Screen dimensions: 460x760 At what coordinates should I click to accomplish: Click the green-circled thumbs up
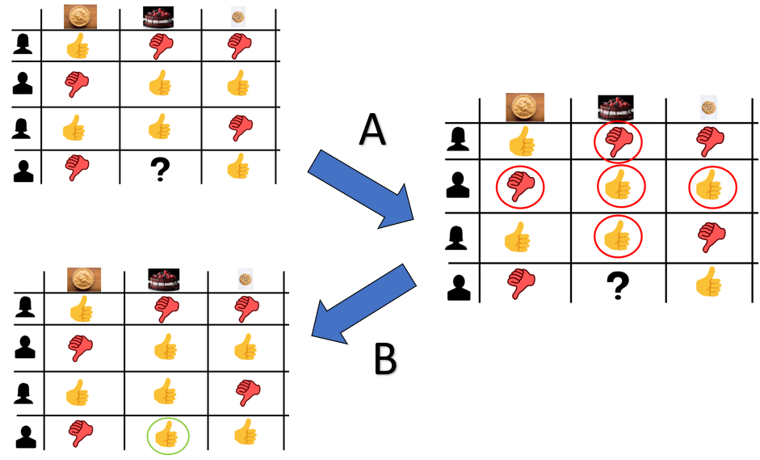point(167,437)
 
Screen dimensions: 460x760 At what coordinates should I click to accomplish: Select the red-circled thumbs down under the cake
point(618,143)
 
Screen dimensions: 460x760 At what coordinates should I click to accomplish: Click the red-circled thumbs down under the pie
point(521,188)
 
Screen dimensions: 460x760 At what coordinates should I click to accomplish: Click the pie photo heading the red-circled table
point(525,107)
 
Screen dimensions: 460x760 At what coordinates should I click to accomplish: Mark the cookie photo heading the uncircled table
point(237,15)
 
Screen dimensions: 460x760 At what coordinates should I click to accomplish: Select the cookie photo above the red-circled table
point(707,107)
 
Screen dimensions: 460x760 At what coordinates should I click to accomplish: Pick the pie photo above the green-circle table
point(83,280)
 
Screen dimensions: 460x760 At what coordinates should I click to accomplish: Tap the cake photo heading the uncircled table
point(158,16)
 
